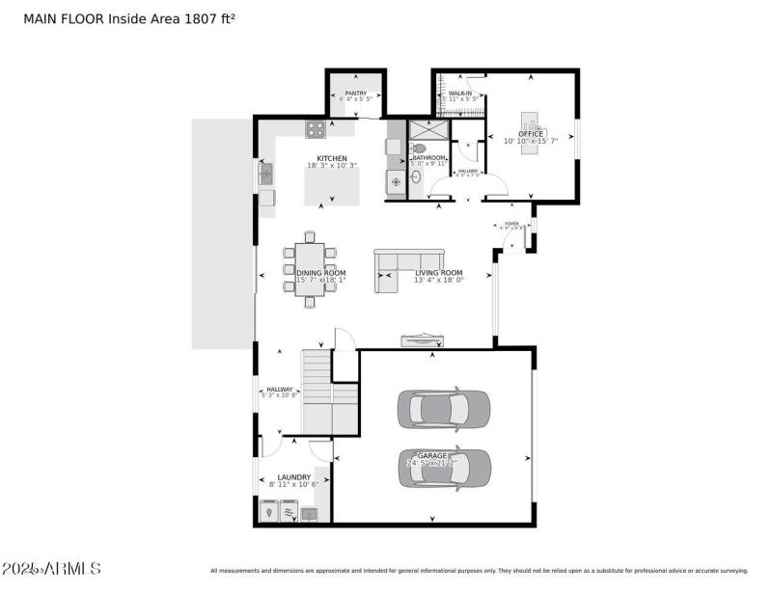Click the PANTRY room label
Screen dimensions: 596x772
355,94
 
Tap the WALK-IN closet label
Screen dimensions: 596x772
460,94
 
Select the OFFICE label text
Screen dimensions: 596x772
531,134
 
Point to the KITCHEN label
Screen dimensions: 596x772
332,158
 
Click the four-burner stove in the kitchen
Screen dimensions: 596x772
316,129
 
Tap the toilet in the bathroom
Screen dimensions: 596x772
418,148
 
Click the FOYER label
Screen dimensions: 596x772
511,224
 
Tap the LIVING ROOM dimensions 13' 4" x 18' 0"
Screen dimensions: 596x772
439,281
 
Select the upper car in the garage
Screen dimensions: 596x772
444,410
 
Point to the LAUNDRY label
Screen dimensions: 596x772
294,477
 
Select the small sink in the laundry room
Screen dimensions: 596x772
310,514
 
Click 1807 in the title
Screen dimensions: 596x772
197,18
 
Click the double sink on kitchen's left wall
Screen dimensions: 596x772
266,174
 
